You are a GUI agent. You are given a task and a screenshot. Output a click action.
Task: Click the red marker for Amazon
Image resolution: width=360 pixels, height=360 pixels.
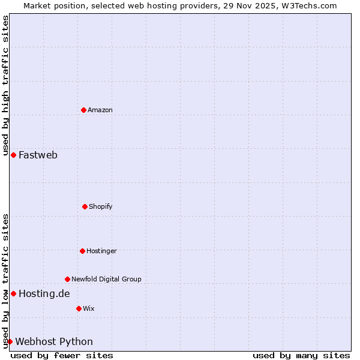(83, 110)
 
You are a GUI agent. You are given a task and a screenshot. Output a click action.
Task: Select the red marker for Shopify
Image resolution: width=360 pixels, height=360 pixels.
(85, 206)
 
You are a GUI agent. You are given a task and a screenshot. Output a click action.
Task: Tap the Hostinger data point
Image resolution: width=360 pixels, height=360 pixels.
(82, 251)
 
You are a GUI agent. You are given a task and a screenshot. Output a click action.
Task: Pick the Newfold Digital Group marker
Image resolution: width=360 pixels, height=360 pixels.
(67, 279)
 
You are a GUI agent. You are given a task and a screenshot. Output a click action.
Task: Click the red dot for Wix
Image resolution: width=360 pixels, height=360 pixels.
(79, 308)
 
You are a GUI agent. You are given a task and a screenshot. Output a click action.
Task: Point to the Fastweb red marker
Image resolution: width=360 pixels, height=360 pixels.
(13, 155)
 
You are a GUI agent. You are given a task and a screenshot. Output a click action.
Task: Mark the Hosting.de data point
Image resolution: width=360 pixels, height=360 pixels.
(13, 293)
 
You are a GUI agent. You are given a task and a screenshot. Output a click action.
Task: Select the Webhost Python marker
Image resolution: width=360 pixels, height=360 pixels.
(10, 341)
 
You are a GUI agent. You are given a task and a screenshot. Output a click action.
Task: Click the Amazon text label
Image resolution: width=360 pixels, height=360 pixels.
(100, 110)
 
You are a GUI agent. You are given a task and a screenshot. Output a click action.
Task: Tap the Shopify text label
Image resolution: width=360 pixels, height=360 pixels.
(101, 206)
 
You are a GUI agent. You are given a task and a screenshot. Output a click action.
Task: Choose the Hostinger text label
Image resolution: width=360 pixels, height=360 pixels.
(101, 251)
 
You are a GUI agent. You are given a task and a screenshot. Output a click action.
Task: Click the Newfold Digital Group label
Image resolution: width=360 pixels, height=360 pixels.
(106, 279)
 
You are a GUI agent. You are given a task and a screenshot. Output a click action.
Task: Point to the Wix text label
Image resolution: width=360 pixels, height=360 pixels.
(89, 308)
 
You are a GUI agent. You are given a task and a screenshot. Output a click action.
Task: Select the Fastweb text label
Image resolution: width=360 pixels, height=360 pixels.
(38, 155)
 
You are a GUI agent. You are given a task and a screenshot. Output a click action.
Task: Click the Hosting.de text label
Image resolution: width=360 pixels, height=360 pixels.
(44, 293)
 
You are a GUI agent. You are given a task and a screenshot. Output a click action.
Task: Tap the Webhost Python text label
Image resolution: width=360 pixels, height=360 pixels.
(54, 341)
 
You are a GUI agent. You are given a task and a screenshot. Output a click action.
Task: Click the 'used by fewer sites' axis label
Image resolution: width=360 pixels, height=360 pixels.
(62, 355)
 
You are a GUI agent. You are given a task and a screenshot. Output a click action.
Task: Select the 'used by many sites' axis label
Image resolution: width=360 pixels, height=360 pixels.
(301, 355)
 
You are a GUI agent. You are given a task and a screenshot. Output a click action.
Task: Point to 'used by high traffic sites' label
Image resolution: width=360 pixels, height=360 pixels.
(5, 81)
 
